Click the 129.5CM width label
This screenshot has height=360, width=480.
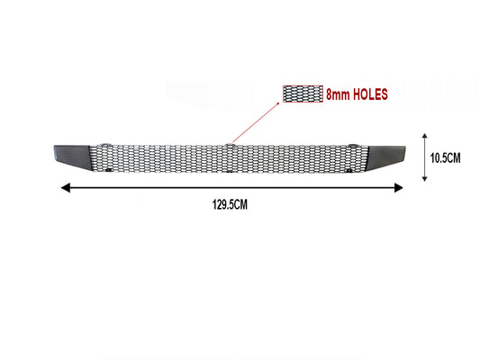click(230, 204)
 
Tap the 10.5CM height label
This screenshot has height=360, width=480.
click(446, 158)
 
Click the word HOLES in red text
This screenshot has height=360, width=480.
click(370, 94)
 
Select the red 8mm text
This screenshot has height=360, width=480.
click(338, 94)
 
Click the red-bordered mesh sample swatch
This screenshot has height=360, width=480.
click(303, 94)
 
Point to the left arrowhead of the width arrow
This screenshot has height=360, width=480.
click(66, 188)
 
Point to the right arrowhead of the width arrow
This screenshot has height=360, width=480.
click(398, 188)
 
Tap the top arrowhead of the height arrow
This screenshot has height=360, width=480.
click(424, 136)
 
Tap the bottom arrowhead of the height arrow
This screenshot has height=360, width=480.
click(424, 178)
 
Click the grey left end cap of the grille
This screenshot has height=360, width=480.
click(73, 157)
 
